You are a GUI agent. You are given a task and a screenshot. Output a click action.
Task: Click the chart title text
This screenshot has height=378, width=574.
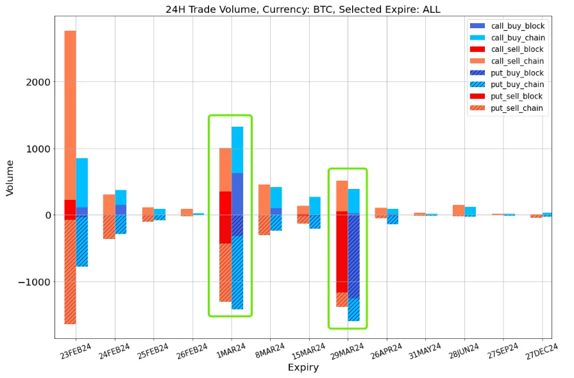click(x=303, y=9)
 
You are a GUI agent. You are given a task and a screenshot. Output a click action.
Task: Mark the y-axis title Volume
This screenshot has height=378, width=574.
click(x=10, y=178)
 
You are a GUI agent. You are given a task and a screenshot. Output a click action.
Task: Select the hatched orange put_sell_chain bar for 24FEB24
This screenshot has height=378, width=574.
click(x=109, y=227)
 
